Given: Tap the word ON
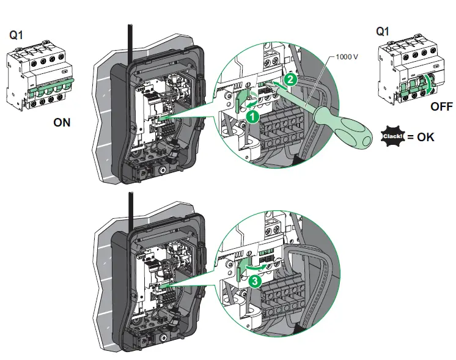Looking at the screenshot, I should [62, 122].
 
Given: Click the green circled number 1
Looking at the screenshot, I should [251, 115].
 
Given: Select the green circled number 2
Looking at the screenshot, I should [291, 78].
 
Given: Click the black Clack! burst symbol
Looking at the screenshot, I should [392, 136].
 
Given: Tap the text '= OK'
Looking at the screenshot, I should [421, 136].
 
